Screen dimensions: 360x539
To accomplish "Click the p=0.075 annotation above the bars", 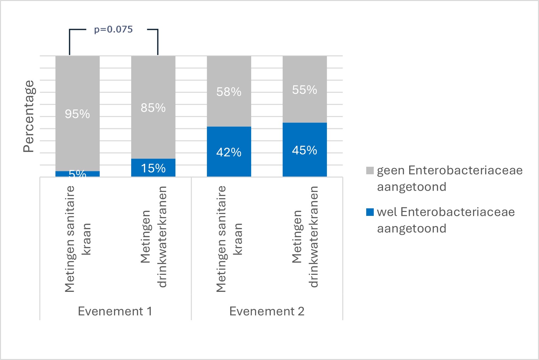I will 113,30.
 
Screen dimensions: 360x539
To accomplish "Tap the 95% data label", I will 77,114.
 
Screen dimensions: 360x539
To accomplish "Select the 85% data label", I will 153,108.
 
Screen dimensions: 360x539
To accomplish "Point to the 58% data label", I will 229,92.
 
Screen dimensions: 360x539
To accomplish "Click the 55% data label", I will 305,90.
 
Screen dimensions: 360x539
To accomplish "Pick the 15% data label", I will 153,168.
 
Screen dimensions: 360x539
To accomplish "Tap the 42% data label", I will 229,152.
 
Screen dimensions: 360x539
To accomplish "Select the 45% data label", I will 305,150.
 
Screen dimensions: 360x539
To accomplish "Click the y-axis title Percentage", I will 29,116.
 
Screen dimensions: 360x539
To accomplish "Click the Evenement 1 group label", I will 115,311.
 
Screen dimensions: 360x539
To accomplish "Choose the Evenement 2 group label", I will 267,311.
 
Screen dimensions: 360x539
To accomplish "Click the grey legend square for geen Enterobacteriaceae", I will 370,171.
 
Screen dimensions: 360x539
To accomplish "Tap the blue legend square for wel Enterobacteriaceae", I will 370,212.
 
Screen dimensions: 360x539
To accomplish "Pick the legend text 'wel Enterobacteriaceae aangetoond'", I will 446,220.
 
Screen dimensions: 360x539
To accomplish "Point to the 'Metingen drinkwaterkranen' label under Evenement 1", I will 153,237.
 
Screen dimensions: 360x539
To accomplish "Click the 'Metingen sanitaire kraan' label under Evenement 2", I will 229,239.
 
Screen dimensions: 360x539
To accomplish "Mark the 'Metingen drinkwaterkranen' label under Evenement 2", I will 305,237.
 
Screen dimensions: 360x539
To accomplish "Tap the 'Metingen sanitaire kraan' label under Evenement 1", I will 77,239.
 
